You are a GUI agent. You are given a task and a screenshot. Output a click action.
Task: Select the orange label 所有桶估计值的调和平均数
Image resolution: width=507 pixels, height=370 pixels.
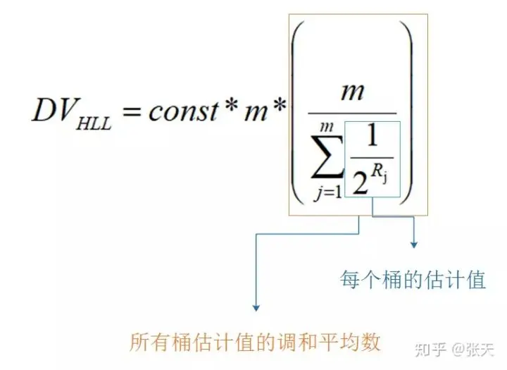[x=255, y=343]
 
